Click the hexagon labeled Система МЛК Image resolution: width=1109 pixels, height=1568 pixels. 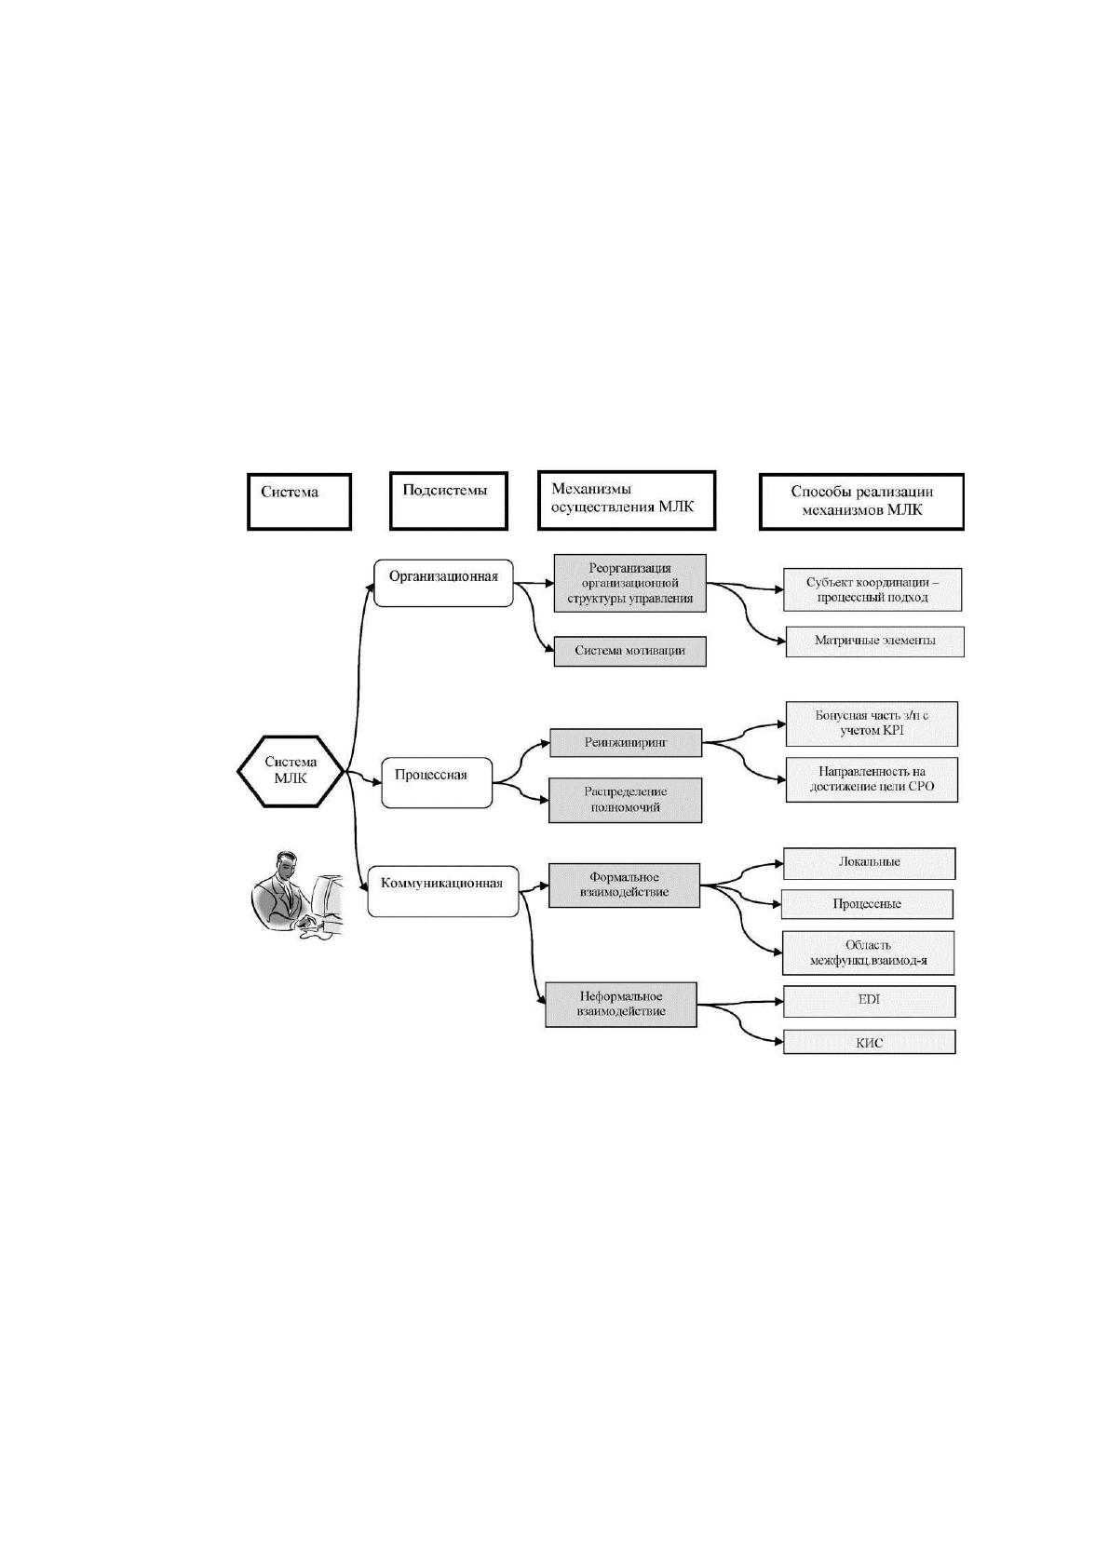tap(290, 771)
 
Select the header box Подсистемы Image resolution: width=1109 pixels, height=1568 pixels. tap(448, 501)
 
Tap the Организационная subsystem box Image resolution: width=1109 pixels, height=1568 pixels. tap(444, 582)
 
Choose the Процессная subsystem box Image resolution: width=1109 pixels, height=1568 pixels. tap(437, 781)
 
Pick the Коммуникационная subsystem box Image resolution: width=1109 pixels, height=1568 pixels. tap(443, 891)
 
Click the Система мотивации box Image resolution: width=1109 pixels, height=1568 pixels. tap(629, 651)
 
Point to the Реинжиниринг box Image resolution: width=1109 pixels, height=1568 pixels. tap(625, 743)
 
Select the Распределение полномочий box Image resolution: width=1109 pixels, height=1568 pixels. tap(625, 800)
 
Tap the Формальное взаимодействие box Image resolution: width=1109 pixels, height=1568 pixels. tap(624, 885)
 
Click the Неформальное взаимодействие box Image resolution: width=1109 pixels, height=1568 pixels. tap(621, 1005)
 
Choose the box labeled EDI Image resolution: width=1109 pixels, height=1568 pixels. tap(869, 1001)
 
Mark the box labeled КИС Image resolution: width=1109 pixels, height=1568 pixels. tap(869, 1042)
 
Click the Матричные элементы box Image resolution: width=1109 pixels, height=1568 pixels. tap(874, 642)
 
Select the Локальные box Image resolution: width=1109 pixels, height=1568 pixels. tap(869, 863)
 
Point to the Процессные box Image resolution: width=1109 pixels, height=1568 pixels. tap(867, 904)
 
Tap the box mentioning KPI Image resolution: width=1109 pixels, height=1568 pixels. tap(872, 723)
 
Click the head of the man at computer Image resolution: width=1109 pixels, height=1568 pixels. tap(285, 865)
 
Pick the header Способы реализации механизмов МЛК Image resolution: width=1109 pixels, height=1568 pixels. tap(862, 501)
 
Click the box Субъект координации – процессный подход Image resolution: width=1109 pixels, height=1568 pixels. tap(872, 589)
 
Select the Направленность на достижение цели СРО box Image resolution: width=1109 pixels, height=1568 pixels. tap(872, 779)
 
